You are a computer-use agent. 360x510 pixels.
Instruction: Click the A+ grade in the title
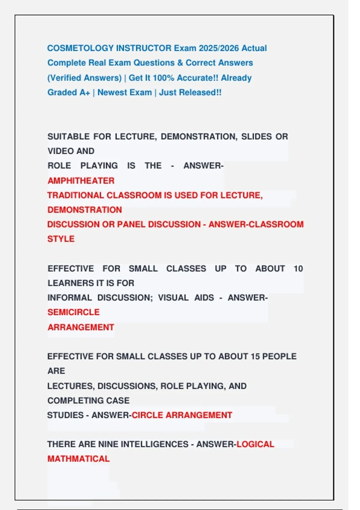tap(85, 93)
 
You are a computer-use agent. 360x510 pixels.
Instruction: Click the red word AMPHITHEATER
tap(81, 181)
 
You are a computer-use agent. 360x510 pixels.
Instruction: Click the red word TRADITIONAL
tap(76, 196)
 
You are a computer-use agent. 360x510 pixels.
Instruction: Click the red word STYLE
tap(61, 239)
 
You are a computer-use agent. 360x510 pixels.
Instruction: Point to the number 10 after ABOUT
tap(298, 269)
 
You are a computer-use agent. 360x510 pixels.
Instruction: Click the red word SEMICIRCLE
tap(73, 312)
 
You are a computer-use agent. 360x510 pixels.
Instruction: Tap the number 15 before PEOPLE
tap(255, 357)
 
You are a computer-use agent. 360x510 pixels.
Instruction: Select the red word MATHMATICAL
tap(79, 459)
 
